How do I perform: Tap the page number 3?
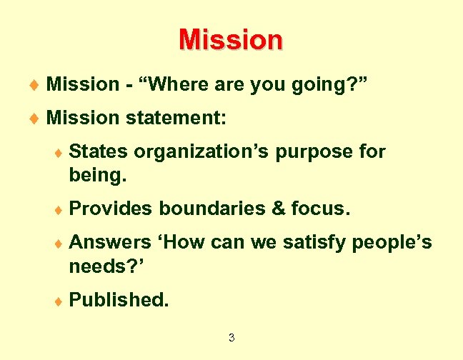pyautogui.click(x=231, y=337)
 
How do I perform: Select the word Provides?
pyautogui.click(x=111, y=209)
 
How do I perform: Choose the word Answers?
pyautogui.click(x=110, y=243)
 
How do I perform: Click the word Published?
pyautogui.click(x=119, y=300)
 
